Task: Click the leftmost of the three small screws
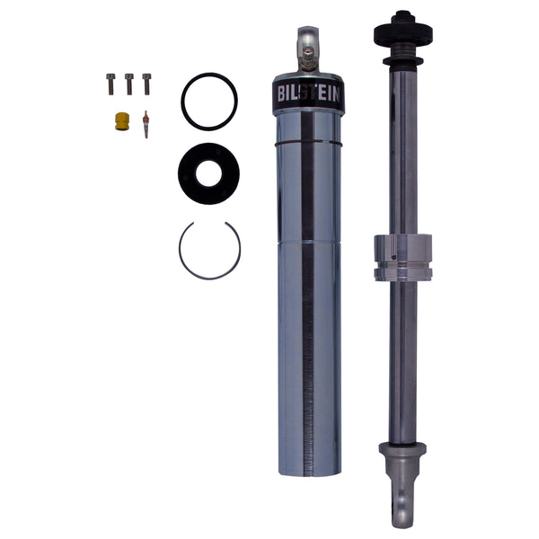(x=111, y=84)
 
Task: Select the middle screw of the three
(x=129, y=84)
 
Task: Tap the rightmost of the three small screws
(x=146, y=83)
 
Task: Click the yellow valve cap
(x=119, y=119)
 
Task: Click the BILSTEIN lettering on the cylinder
(x=308, y=94)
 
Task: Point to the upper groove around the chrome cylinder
(x=308, y=142)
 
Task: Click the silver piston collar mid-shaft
(x=403, y=256)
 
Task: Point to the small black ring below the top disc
(x=403, y=61)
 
